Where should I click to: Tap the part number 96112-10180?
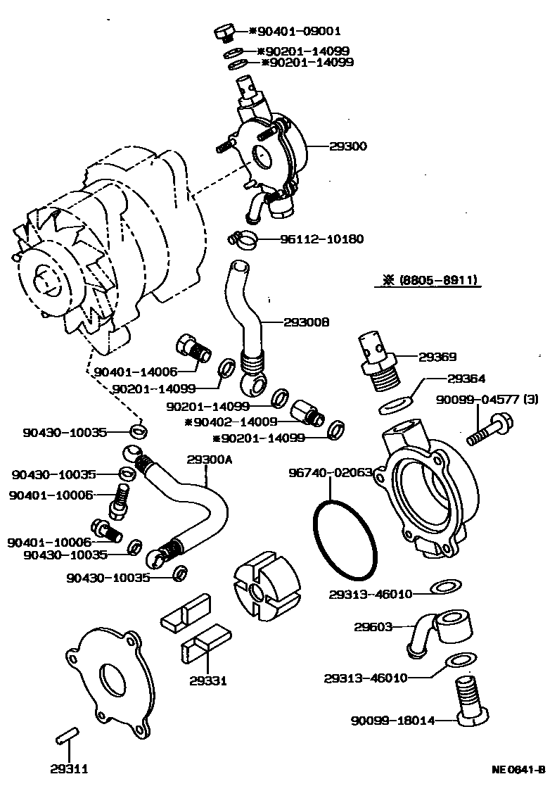[x=323, y=239]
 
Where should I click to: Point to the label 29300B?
[x=307, y=322]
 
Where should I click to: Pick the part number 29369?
[x=437, y=357]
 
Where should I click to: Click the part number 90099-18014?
[x=392, y=720]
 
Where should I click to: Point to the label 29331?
[x=207, y=680]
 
